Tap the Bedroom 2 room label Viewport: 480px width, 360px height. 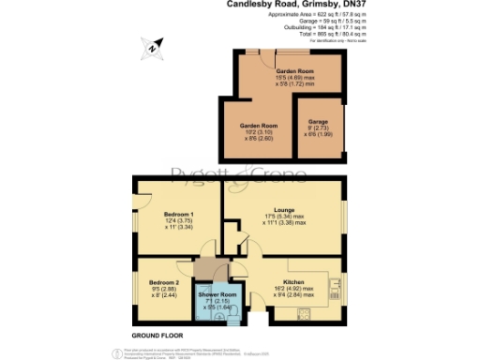pos(165,281)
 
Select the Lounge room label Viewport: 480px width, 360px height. pos(283,211)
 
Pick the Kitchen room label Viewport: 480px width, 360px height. pos(293,280)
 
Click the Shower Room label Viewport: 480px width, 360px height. pos(216,295)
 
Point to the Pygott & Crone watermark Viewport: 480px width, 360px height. pos(239,173)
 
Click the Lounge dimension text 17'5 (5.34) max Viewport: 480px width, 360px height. pos(283,218)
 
